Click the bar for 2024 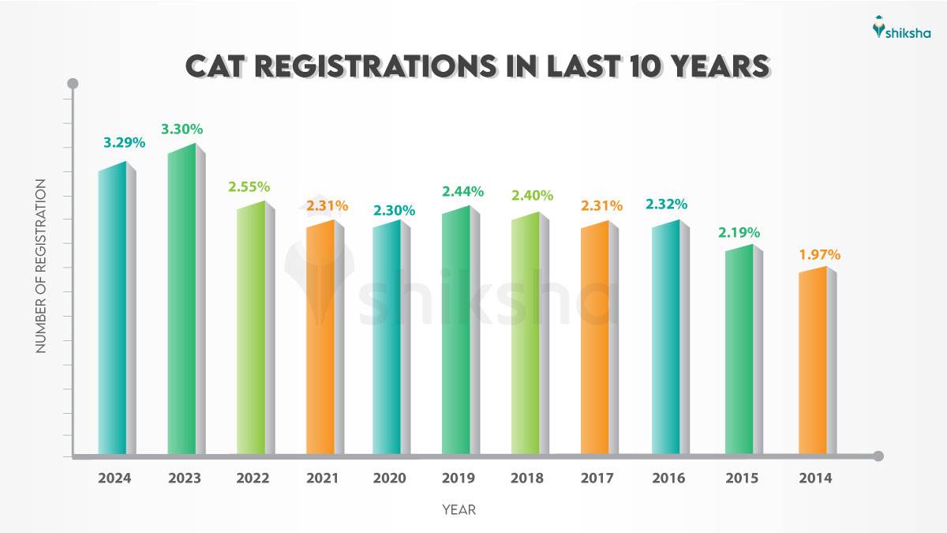coord(112,312)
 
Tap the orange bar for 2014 coord(813,363)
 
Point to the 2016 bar coord(665,340)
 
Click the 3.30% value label coord(182,128)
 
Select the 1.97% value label coord(818,255)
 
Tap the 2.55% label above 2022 coord(249,187)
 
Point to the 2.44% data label coord(462,191)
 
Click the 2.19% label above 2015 coord(739,232)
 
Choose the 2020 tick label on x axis coord(389,479)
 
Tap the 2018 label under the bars coord(527,479)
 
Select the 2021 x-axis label coord(321,479)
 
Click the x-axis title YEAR coord(459,510)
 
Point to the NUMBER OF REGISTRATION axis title coord(41,266)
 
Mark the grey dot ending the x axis coord(878,456)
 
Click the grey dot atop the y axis coord(73,84)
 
